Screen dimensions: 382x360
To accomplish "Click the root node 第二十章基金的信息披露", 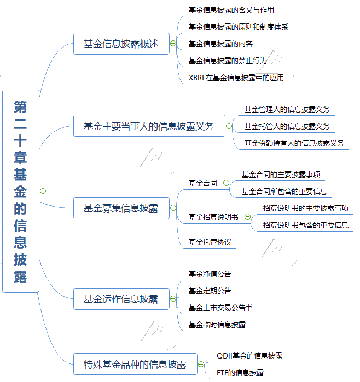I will [x=21, y=191].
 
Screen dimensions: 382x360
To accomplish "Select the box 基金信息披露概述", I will [x=121, y=44].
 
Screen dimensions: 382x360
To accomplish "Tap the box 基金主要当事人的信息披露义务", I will [x=148, y=127].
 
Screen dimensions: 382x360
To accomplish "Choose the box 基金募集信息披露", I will [x=121, y=208].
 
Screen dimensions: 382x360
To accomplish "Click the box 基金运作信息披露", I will [x=121, y=299].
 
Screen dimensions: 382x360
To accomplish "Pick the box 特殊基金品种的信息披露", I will [x=134, y=364].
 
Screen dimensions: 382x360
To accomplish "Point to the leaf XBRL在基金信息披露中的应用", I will [x=236, y=78].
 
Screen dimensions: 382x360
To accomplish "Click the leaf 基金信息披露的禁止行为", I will [x=228, y=61].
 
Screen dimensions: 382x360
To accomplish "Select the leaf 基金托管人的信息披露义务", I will [x=287, y=126].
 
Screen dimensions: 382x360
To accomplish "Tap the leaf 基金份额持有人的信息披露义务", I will [x=294, y=143].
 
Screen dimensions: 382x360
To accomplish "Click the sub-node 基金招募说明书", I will [x=213, y=217].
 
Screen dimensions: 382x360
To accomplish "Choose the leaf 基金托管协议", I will [x=210, y=242].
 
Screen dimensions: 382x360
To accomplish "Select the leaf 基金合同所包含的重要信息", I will [x=284, y=191].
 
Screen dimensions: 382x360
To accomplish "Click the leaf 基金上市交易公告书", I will [x=220, y=308].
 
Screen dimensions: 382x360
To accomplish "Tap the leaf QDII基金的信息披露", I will [x=249, y=356].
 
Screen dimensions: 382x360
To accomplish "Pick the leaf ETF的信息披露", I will [x=240, y=373].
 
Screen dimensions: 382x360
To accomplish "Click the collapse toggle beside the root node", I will [x=43, y=191].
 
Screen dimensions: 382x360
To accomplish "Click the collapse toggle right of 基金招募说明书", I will [x=247, y=217].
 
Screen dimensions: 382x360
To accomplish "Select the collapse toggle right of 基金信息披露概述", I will [x=173, y=44].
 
